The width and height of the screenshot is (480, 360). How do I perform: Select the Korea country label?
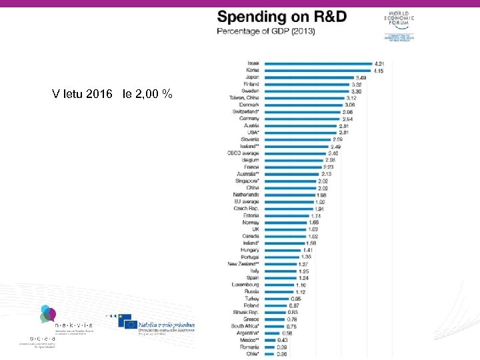(x=252, y=70)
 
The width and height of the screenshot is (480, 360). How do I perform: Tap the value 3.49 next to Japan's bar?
(x=360, y=77)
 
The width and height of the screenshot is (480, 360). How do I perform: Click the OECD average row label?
(x=243, y=153)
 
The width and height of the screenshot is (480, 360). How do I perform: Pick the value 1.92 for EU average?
(x=320, y=202)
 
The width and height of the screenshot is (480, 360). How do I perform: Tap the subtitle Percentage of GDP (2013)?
(x=266, y=31)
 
